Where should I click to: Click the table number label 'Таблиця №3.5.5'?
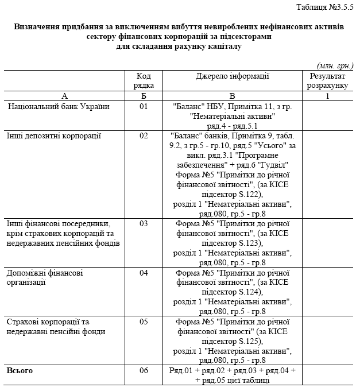325,6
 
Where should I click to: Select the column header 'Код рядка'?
144,80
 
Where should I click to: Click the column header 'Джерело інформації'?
232,76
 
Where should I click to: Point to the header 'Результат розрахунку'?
327,80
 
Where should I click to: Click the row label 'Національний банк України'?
59,106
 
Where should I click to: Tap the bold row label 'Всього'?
20,370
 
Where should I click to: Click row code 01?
144,106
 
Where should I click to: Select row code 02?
144,136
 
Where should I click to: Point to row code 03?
144,223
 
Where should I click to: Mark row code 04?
144,273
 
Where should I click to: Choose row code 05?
144,322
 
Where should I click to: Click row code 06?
144,370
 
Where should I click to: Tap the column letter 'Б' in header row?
144,96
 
